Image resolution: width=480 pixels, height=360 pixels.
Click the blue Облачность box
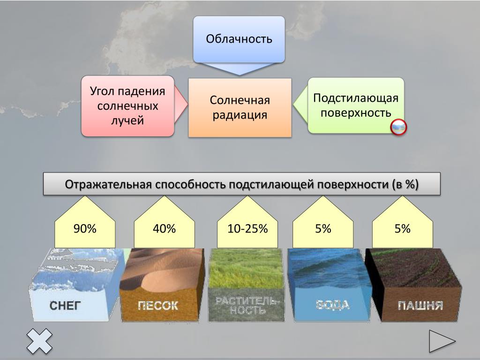pyautogui.click(x=239, y=39)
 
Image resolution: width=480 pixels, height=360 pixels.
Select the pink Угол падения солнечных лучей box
pyautogui.click(x=127, y=106)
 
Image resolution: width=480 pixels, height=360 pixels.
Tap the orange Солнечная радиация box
pyautogui.click(x=240, y=107)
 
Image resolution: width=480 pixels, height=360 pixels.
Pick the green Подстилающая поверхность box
pyautogui.click(x=356, y=105)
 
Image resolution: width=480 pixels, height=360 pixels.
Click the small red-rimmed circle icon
pyautogui.click(x=398, y=127)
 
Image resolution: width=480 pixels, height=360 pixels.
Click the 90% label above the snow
pyautogui.click(x=85, y=229)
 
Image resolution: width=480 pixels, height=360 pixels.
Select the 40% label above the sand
pyautogui.click(x=165, y=229)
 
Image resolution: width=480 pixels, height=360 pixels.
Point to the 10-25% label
pyautogui.click(x=247, y=229)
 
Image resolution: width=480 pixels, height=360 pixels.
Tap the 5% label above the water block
pyautogui.click(x=323, y=229)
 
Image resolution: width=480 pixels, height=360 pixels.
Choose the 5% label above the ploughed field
pyautogui.click(x=402, y=229)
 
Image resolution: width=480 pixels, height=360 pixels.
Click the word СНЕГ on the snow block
pyautogui.click(x=65, y=306)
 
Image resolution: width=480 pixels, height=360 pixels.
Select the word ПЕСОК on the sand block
pyautogui.click(x=158, y=306)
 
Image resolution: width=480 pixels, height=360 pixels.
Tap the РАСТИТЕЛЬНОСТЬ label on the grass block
pyautogui.click(x=246, y=306)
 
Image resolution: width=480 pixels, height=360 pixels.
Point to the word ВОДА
pyautogui.click(x=332, y=305)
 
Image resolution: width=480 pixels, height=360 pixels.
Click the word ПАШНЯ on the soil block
pyautogui.click(x=420, y=306)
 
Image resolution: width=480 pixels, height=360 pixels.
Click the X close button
pyautogui.click(x=39, y=341)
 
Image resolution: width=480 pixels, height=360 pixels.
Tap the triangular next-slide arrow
pyautogui.click(x=442, y=341)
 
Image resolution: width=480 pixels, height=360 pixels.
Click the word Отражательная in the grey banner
pyautogui.click(x=108, y=184)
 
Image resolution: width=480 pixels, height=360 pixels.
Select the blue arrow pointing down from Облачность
pyautogui.click(x=239, y=69)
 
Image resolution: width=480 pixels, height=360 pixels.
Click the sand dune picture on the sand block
pyautogui.click(x=162, y=269)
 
